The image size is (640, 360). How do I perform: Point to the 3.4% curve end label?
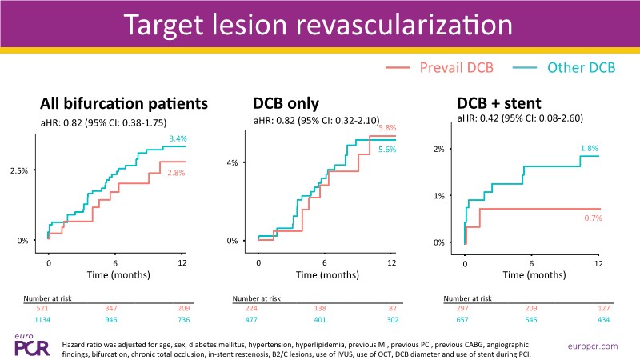point(178,139)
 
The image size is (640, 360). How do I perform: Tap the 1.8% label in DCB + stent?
point(590,147)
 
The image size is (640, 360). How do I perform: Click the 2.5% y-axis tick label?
point(18,170)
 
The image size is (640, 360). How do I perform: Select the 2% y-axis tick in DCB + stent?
point(439,150)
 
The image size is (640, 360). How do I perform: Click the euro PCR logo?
point(26,343)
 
